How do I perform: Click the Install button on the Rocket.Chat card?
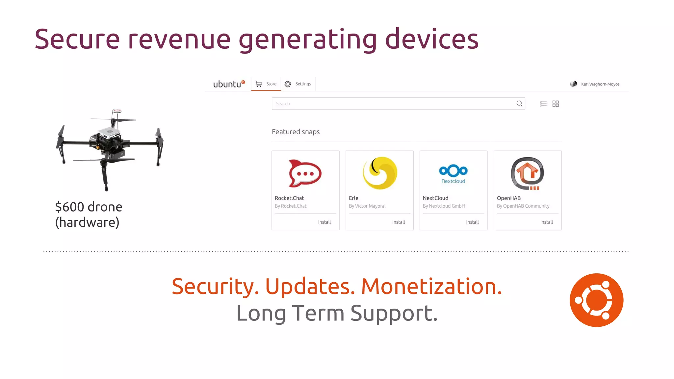point(324,222)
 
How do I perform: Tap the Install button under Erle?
point(398,222)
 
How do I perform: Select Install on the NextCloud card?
point(472,222)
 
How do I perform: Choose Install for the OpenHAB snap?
point(546,222)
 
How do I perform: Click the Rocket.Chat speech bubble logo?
point(305,173)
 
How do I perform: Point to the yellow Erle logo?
point(380,173)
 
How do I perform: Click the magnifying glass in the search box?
point(519,104)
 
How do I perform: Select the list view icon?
point(543,104)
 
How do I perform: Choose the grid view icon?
point(556,104)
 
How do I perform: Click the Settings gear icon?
point(288,84)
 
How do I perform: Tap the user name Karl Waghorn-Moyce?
point(600,84)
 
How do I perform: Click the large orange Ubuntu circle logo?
point(596,300)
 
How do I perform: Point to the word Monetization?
point(431,286)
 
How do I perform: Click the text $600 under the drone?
point(69,207)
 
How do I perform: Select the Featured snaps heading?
point(296,132)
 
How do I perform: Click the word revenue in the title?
point(179,39)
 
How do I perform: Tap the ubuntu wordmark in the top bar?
point(227,84)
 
